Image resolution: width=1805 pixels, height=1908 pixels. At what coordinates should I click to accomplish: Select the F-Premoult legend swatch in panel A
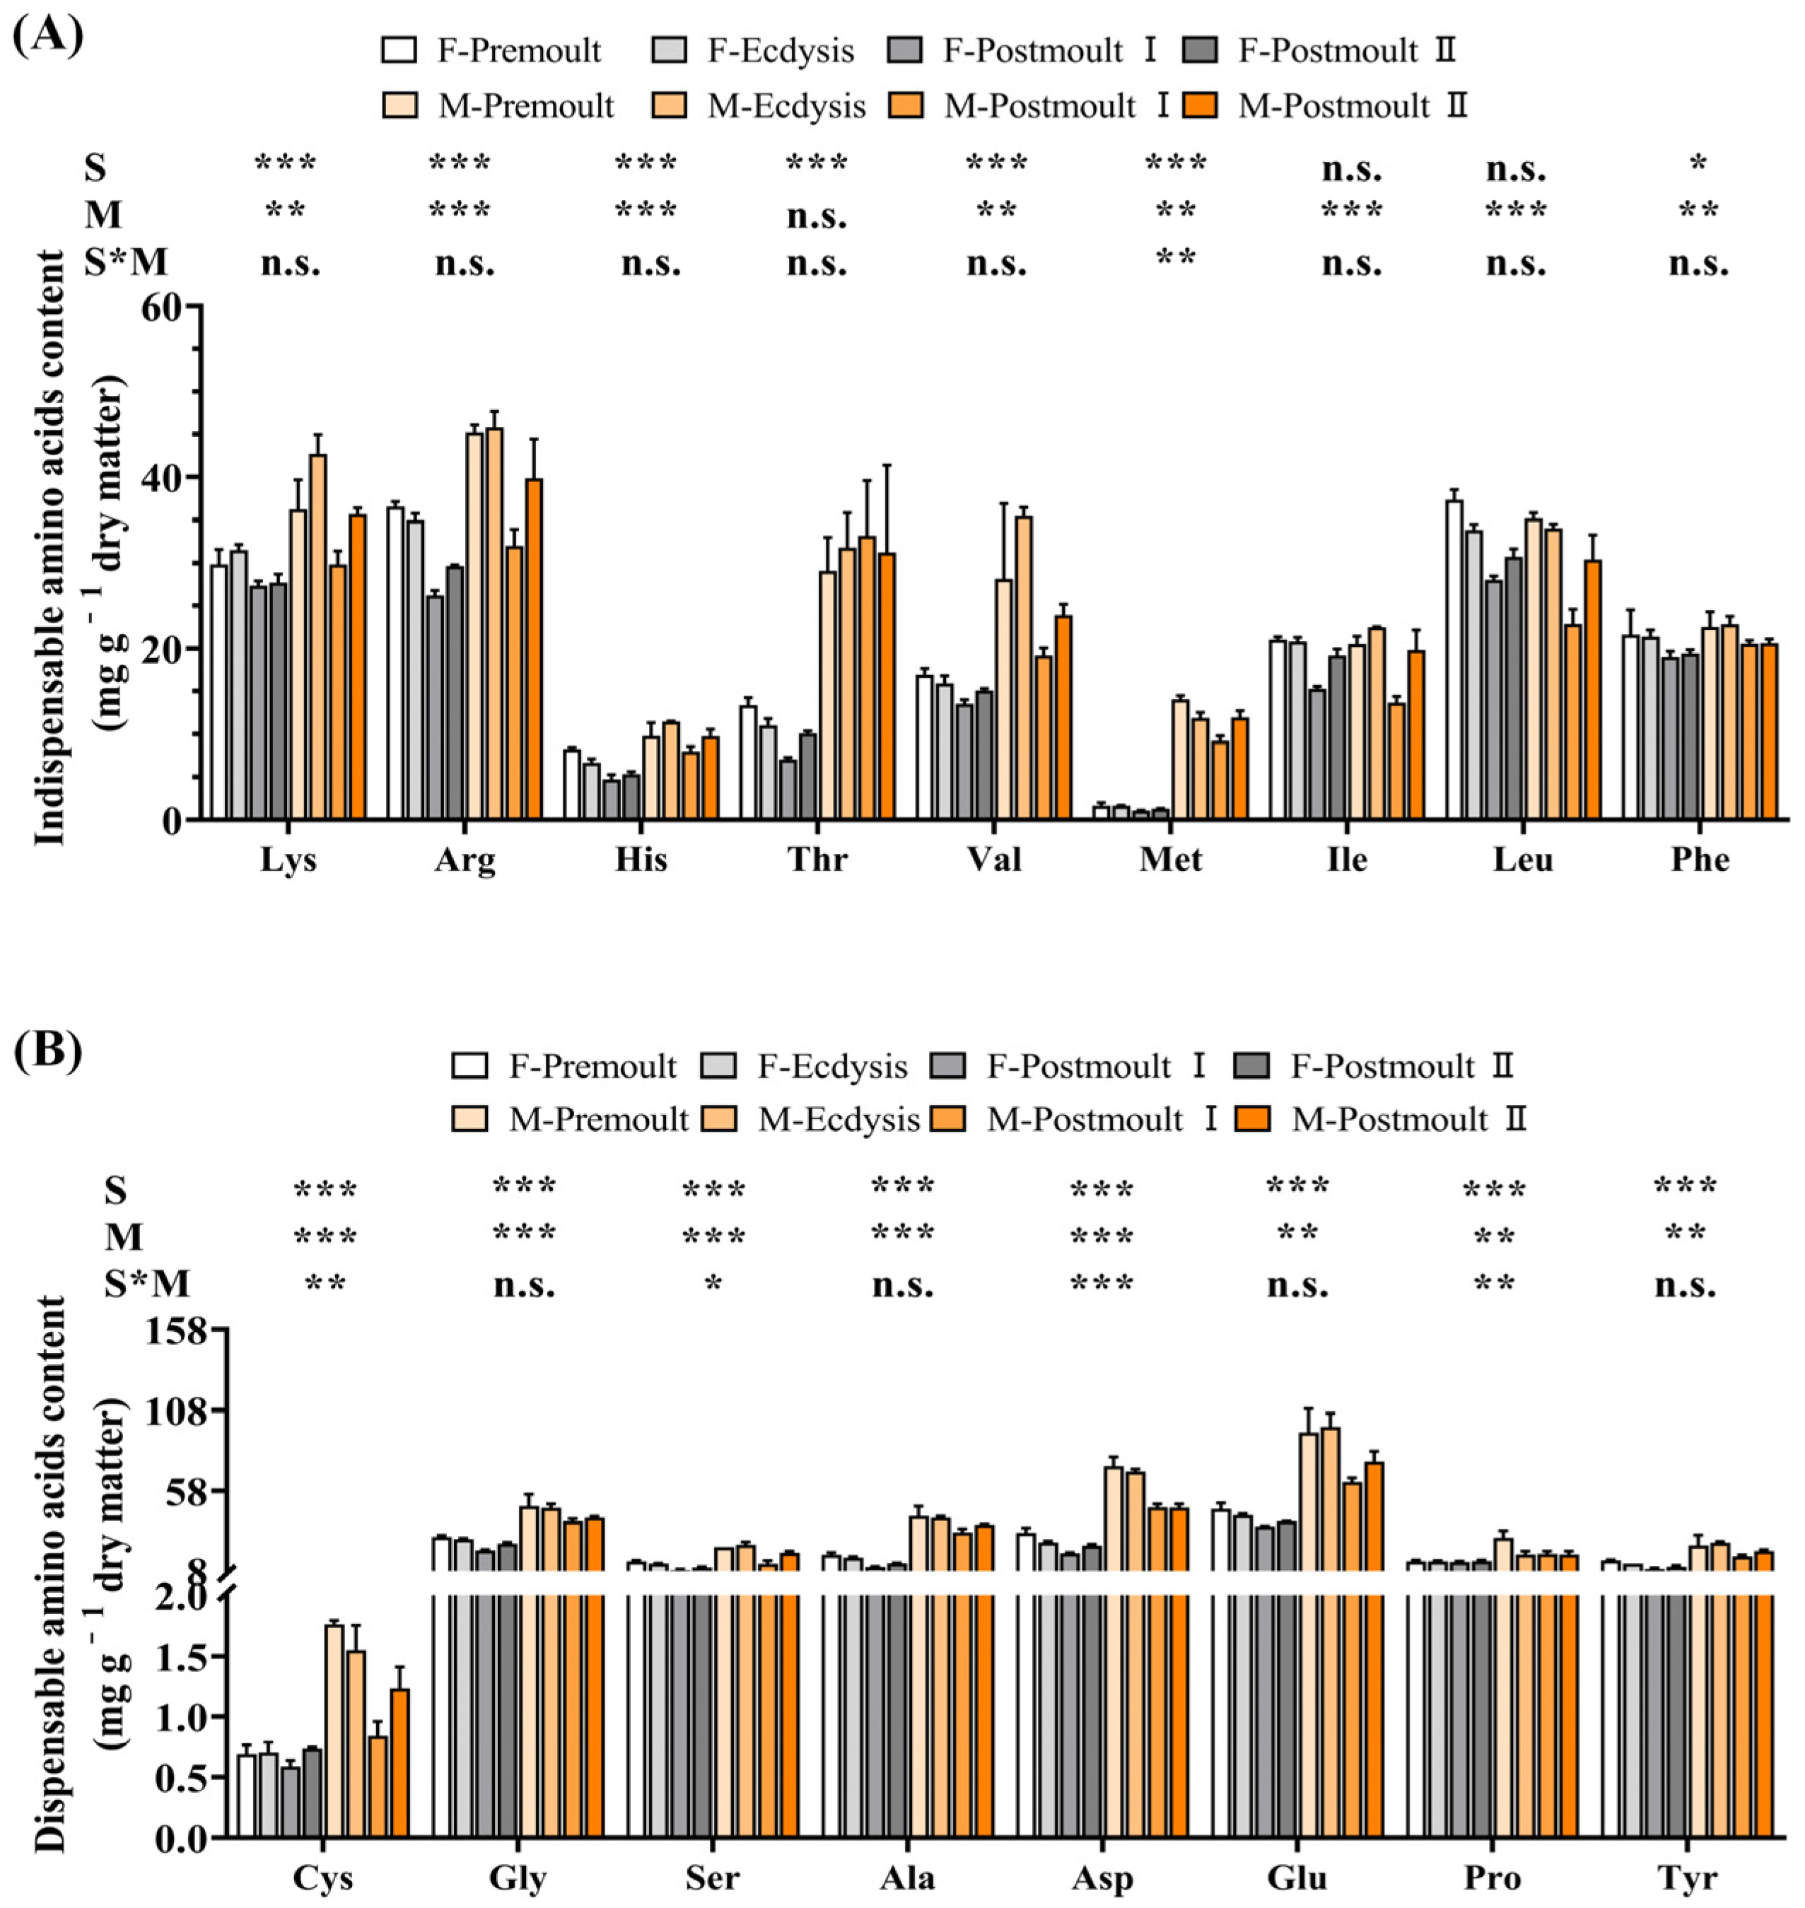pos(399,50)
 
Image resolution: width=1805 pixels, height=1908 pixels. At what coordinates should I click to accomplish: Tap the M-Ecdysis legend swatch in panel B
pos(722,1119)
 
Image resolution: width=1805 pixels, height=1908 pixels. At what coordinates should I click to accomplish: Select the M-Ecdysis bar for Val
pos(1024,668)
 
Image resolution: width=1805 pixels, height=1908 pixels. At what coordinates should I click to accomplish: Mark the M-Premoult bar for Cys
pos(335,1731)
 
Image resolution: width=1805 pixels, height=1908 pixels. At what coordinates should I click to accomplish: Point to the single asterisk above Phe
pos(1698,163)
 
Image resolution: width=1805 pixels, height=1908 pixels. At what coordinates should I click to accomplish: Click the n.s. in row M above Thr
pos(817,218)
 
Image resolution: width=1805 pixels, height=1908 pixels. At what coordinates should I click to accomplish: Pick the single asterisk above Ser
pos(713,1284)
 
